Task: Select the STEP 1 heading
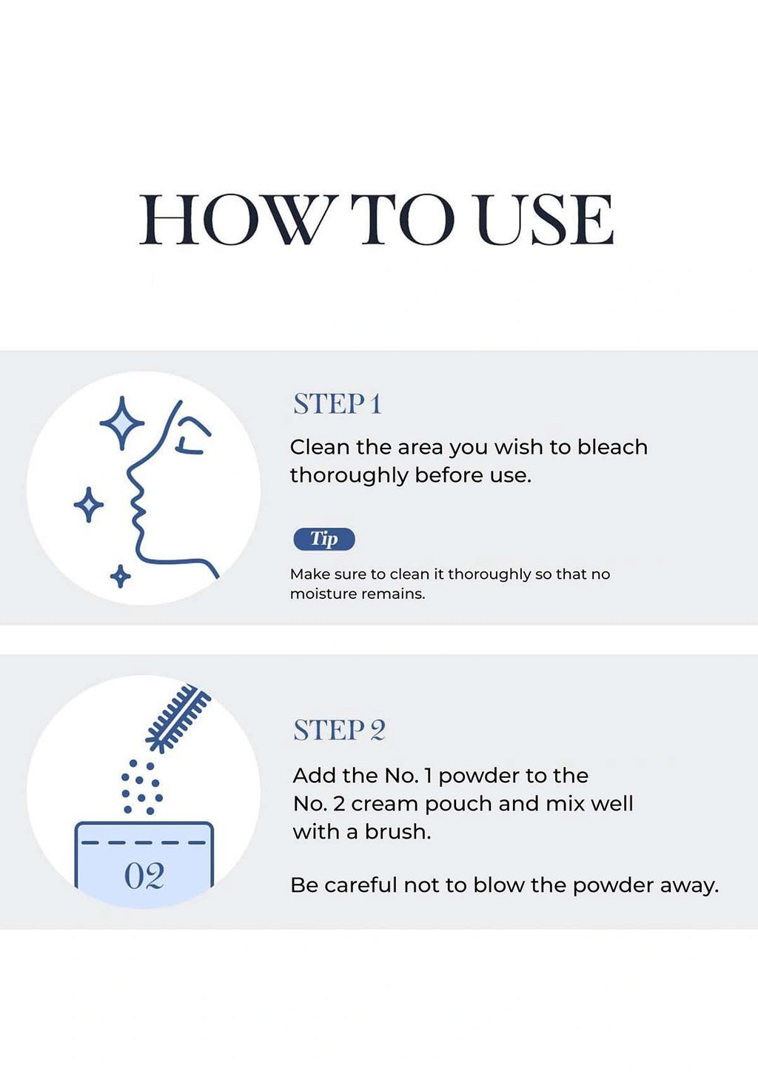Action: [337, 403]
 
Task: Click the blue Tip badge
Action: [324, 539]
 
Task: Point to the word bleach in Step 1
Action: [612, 447]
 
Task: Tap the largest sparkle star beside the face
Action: [122, 423]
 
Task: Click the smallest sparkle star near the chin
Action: [121, 576]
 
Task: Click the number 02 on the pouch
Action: [144, 876]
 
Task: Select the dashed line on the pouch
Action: [144, 842]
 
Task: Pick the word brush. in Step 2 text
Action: [398, 831]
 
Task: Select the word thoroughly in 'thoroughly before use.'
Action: [349, 476]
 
